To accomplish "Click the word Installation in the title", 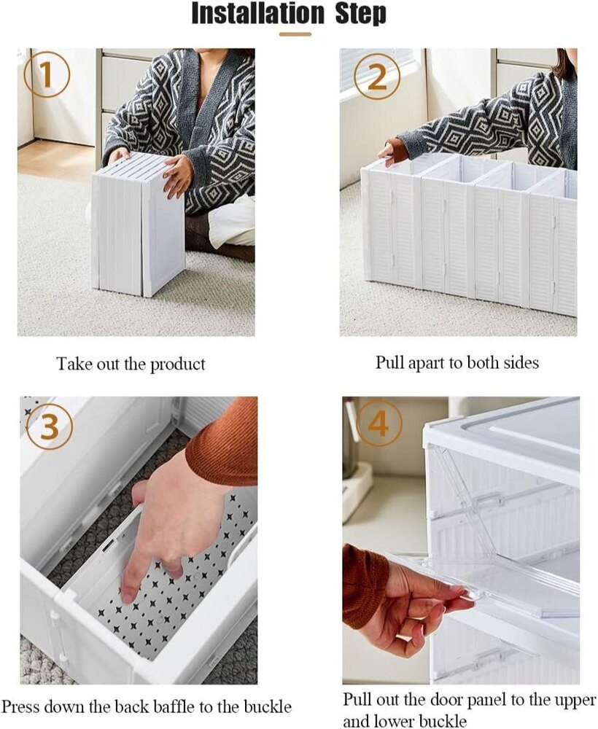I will (257, 14).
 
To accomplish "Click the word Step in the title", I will (361, 14).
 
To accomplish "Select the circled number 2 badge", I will (376, 77).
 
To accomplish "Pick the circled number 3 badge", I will (50, 426).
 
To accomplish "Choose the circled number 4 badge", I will (378, 424).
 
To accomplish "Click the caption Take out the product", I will (131, 364).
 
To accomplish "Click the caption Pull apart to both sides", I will (457, 362).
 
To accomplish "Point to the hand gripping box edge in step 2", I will (394, 152).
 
